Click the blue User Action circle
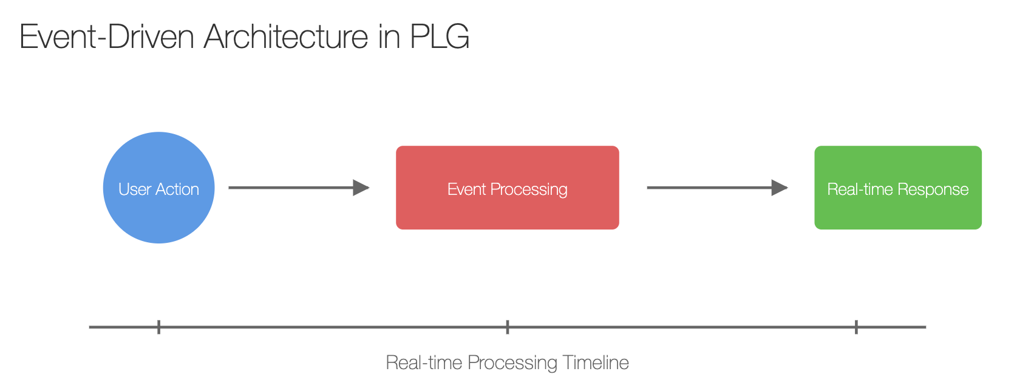click(x=159, y=188)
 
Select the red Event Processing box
click(x=508, y=188)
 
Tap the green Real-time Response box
click(x=898, y=188)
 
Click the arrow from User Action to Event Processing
click(x=299, y=188)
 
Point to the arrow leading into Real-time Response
click(x=718, y=188)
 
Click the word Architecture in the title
click(x=285, y=36)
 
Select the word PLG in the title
click(x=439, y=36)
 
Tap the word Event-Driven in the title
click(x=107, y=36)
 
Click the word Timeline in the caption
click(x=596, y=362)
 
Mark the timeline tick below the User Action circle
click(x=159, y=327)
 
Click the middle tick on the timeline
click(x=508, y=327)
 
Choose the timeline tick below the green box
click(x=857, y=327)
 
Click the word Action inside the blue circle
click(x=178, y=189)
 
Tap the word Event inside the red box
click(x=467, y=189)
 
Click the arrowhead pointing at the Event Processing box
click(x=361, y=188)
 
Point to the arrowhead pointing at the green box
click(x=780, y=188)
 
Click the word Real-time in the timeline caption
click(x=424, y=362)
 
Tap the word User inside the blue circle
click(x=135, y=189)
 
